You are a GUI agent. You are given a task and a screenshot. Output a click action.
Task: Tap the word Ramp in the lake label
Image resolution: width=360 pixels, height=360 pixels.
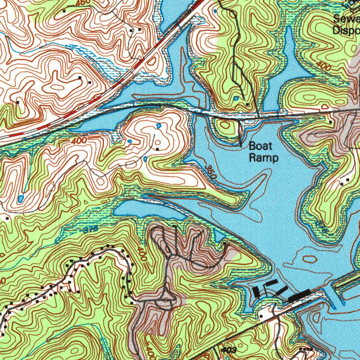(x=264, y=158)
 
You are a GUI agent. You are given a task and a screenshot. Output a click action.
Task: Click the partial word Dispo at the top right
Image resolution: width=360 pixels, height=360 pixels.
(x=347, y=30)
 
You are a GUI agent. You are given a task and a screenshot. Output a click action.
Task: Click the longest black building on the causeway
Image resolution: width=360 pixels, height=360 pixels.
(x=299, y=295)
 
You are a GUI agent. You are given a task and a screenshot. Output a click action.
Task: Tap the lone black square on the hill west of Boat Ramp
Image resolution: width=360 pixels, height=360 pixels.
(x=157, y=150)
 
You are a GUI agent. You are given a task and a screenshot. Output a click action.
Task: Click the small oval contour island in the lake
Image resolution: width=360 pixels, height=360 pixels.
(x=309, y=259)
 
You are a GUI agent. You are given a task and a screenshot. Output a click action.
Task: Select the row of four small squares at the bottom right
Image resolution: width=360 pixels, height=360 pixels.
(x=307, y=349)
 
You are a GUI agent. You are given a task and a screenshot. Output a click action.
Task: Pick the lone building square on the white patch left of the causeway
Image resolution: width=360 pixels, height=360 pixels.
(x=261, y=316)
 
